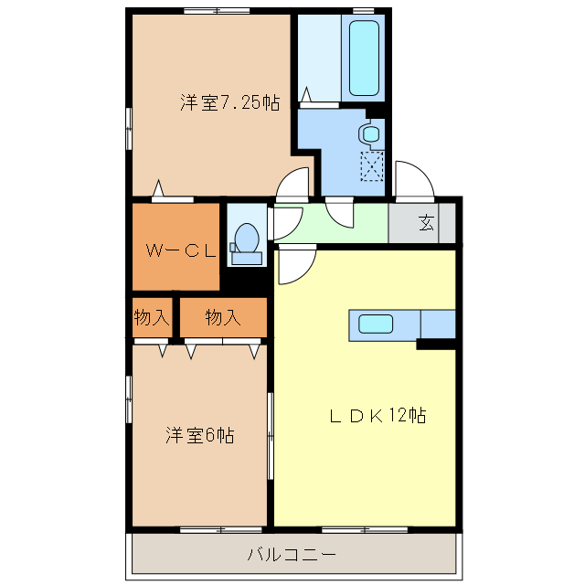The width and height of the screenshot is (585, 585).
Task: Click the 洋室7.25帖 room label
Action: [x=229, y=103]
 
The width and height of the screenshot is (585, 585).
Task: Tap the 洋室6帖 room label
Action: [x=200, y=435]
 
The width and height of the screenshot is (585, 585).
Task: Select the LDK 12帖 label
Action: [x=378, y=416]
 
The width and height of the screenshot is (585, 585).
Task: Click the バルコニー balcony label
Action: [x=292, y=554]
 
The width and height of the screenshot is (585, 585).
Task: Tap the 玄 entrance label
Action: [x=427, y=222]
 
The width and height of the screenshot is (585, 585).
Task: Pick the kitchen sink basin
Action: [x=376, y=324]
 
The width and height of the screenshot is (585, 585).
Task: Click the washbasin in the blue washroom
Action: [x=370, y=133]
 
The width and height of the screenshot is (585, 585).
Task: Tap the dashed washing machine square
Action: [x=372, y=165]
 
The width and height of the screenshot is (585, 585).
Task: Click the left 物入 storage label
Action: [x=152, y=318]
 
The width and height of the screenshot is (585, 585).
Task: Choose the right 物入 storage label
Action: [x=222, y=318]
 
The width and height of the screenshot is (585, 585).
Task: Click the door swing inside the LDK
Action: [x=294, y=266]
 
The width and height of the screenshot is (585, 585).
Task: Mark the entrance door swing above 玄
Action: [x=412, y=181]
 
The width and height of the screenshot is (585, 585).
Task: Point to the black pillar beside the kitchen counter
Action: [x=436, y=344]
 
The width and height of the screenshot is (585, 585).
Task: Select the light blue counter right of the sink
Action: [x=437, y=324]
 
